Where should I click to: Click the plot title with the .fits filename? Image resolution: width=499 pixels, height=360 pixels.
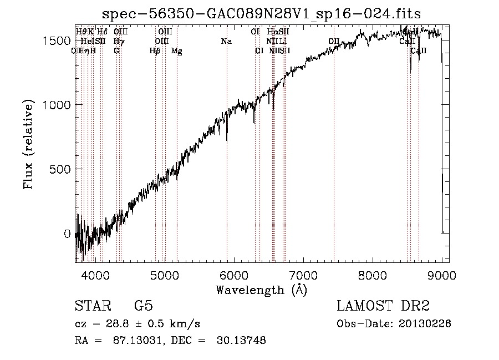[262, 13]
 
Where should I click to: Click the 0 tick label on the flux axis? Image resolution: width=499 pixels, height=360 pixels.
[67, 234]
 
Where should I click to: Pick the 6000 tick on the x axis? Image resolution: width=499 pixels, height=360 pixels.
[234, 274]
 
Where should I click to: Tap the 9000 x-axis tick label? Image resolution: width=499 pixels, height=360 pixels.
[442, 274]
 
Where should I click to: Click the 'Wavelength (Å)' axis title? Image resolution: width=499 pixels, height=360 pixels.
[261, 290]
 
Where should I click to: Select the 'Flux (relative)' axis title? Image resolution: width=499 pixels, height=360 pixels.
[28, 145]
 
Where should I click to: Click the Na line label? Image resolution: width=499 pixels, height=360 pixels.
[226, 42]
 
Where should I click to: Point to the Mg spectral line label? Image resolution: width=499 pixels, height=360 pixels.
[176, 51]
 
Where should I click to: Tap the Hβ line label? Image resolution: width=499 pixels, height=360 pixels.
[155, 51]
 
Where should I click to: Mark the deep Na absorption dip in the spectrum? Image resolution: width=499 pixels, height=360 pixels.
[227, 139]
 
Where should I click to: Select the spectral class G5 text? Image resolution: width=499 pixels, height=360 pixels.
[144, 306]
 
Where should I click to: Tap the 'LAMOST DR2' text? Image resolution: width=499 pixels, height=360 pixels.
[383, 306]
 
